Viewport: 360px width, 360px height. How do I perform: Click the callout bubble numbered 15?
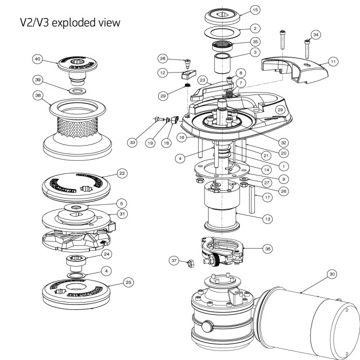[x=255, y=10]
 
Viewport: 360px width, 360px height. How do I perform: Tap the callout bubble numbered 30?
[x=332, y=274]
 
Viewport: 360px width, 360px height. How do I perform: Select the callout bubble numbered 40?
[x=38, y=59]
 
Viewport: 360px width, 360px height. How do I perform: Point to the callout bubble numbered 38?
[x=38, y=96]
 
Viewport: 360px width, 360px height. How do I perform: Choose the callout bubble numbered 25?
[x=129, y=282]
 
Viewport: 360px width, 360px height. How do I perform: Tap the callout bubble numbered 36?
[x=267, y=248]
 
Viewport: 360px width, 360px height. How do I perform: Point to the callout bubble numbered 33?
[x=132, y=143]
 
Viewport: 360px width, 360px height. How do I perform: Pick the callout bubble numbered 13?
[x=267, y=218]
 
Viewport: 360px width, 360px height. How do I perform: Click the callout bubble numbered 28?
[x=163, y=58]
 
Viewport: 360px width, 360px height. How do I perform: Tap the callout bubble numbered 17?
[x=267, y=197]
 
